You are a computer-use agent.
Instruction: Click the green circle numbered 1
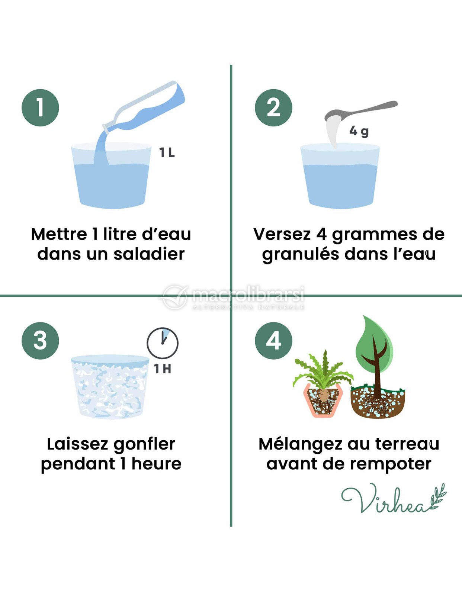(x=40, y=107)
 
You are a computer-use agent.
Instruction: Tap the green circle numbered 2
(x=273, y=107)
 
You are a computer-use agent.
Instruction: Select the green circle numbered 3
(x=40, y=341)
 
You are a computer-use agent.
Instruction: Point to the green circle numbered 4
(x=273, y=341)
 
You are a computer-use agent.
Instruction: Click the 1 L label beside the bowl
(x=167, y=153)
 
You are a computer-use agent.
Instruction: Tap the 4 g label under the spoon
(x=359, y=132)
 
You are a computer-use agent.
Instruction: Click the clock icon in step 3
(x=163, y=343)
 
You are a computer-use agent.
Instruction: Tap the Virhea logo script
(x=394, y=498)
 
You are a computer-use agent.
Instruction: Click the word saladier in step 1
(x=149, y=254)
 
